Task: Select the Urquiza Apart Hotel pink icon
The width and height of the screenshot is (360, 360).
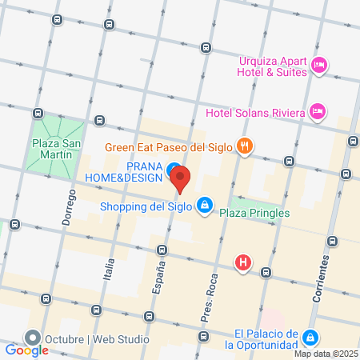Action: tap(319, 65)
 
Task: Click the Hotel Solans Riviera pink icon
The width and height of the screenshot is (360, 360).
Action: tap(318, 110)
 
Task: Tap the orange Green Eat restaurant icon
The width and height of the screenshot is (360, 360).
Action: tap(246, 147)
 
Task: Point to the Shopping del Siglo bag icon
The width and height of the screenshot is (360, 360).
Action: tap(205, 206)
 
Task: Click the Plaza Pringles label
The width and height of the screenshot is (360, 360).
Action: tap(255, 213)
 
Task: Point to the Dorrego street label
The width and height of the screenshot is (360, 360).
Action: tap(67, 210)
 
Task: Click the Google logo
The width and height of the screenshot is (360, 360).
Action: tap(26, 350)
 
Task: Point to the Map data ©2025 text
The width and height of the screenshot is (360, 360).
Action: tap(325, 354)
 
